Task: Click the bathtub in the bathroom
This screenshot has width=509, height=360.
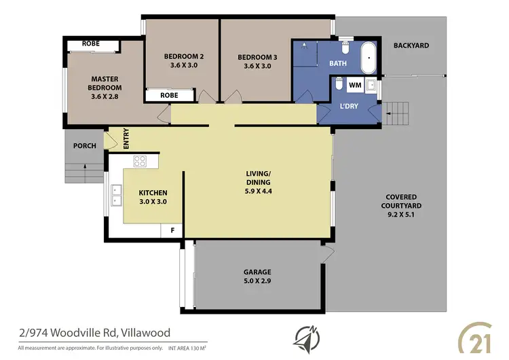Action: tap(369, 58)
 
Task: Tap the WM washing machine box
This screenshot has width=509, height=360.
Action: tap(354, 86)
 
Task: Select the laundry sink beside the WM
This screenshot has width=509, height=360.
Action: tap(371, 86)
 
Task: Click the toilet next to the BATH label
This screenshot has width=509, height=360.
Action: tap(345, 48)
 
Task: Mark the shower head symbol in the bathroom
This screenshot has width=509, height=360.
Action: tap(305, 46)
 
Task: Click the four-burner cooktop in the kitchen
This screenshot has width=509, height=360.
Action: tap(141, 161)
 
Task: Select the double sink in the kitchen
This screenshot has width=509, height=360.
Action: tap(116, 195)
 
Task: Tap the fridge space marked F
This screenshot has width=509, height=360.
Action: tap(172, 230)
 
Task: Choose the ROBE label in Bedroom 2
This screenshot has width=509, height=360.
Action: tap(169, 96)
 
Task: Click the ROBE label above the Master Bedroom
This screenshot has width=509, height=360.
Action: tap(91, 43)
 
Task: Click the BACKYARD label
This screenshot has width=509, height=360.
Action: tap(411, 46)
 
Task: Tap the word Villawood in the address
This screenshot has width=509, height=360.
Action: tap(145, 333)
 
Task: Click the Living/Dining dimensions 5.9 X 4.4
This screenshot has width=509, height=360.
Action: tap(258, 192)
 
